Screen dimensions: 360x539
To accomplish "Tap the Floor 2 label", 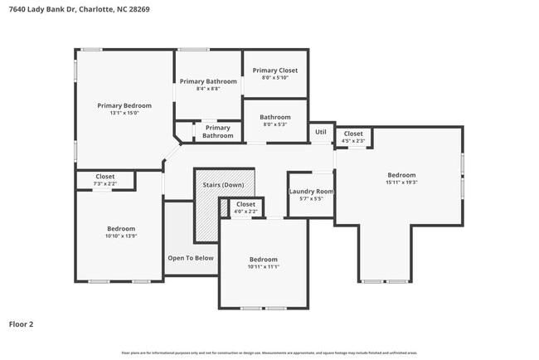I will click(22, 324).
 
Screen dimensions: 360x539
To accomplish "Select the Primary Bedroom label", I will click(124, 105).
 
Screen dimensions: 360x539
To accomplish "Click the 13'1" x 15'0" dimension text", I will click(124, 113).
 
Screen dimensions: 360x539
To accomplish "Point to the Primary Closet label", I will click(275, 71).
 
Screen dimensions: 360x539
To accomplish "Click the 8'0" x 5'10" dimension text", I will click(275, 78).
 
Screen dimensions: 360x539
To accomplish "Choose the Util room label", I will click(320, 133).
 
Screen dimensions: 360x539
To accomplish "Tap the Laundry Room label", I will click(311, 192).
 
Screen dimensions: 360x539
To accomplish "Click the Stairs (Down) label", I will click(223, 184).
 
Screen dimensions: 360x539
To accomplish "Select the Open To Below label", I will click(191, 258).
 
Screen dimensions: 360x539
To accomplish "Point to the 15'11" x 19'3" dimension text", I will click(401, 182).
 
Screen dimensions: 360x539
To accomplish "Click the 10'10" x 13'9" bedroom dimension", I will click(120, 236).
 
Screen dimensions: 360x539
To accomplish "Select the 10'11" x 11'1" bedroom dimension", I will click(264, 267).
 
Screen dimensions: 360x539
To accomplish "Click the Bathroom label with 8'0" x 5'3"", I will click(275, 121).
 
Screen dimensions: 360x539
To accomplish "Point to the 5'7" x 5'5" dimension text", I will click(311, 199).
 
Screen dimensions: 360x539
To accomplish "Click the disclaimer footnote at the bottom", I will click(269, 353).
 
